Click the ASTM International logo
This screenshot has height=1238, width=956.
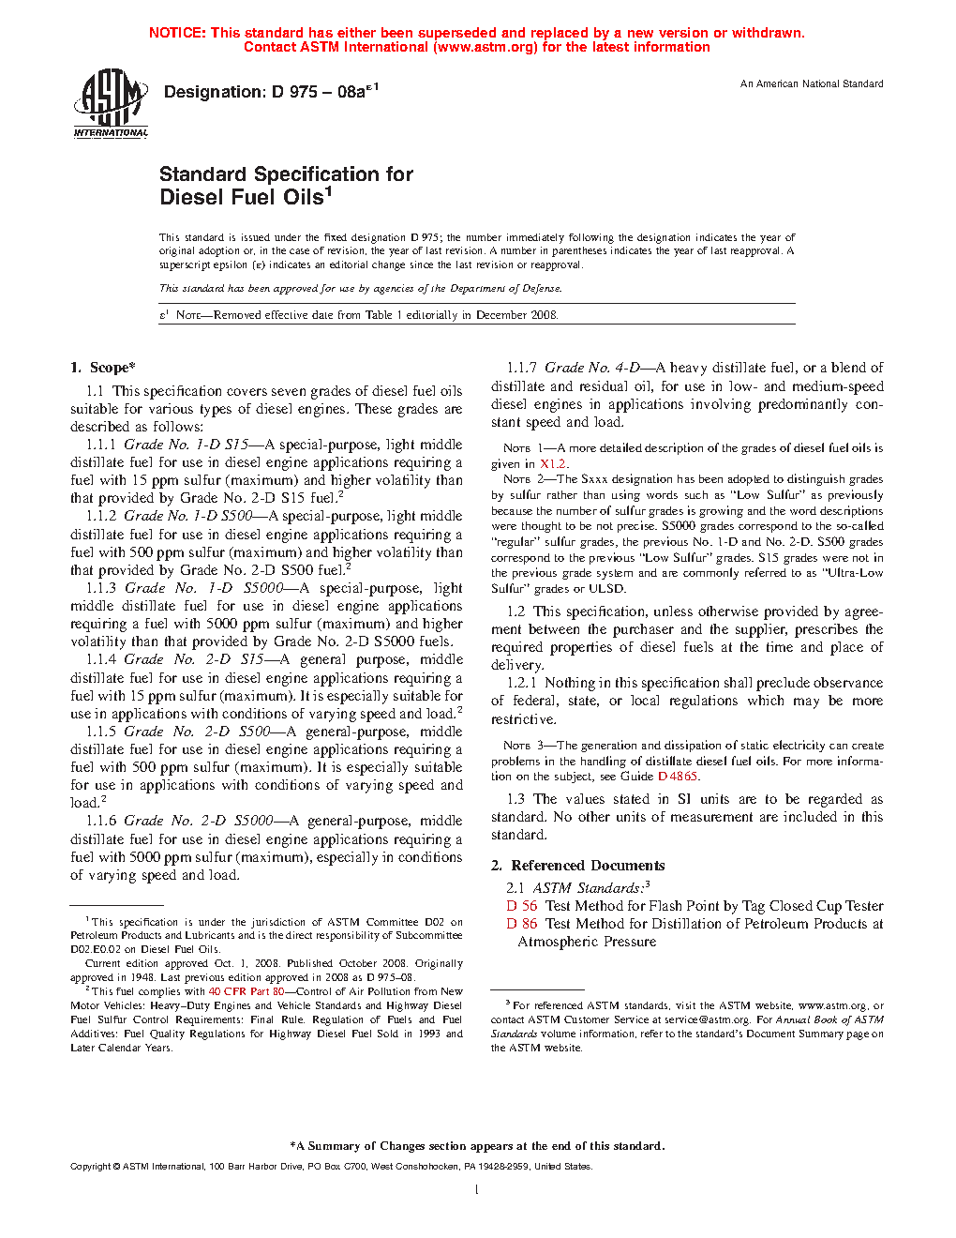[111, 103]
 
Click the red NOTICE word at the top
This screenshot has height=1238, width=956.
[177, 33]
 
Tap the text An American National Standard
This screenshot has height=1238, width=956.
[812, 84]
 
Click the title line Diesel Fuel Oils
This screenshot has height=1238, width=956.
[246, 197]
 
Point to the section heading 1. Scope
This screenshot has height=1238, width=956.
[103, 368]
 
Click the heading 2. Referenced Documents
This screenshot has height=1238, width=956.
[578, 866]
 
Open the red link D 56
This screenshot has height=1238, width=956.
[522, 906]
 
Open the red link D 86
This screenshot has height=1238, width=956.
[522, 924]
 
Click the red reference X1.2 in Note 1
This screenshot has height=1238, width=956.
[553, 464]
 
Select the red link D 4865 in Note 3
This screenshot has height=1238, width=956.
[678, 777]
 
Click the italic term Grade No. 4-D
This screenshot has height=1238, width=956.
[592, 368]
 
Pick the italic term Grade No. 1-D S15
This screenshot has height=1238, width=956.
[187, 445]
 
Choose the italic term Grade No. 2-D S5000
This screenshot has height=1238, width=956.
[199, 821]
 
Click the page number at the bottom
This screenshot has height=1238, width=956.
[477, 1190]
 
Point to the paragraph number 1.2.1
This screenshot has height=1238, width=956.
[522, 683]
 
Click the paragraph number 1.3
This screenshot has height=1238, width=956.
[515, 799]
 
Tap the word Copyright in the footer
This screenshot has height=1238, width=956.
[91, 1167]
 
